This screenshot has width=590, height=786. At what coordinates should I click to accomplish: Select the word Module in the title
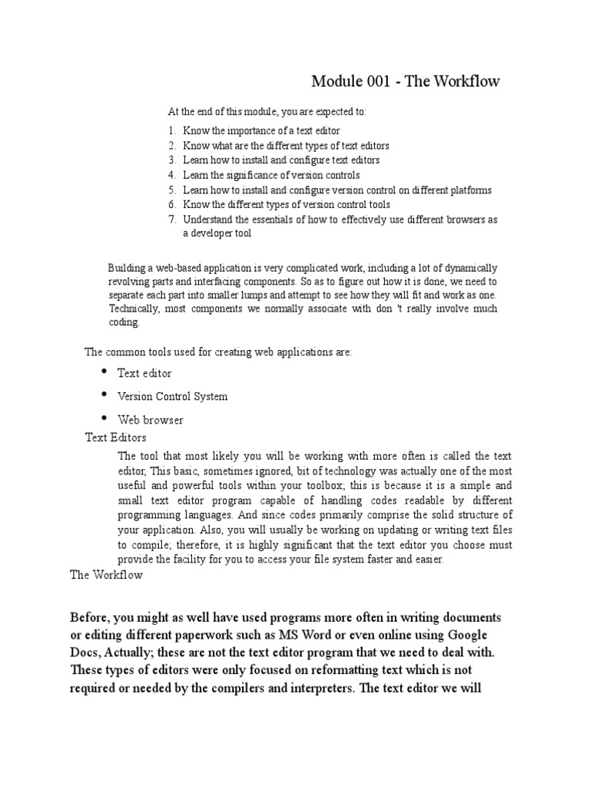[334, 81]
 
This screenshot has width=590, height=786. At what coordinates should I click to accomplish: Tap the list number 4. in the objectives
[172, 175]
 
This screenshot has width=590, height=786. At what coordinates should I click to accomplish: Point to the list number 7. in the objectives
[172, 220]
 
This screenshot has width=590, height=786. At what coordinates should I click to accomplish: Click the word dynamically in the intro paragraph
[466, 268]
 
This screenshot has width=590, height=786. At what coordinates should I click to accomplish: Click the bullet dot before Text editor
[105, 372]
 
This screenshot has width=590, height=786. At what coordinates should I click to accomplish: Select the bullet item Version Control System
[172, 397]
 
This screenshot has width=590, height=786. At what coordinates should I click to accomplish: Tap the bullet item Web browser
[150, 421]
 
